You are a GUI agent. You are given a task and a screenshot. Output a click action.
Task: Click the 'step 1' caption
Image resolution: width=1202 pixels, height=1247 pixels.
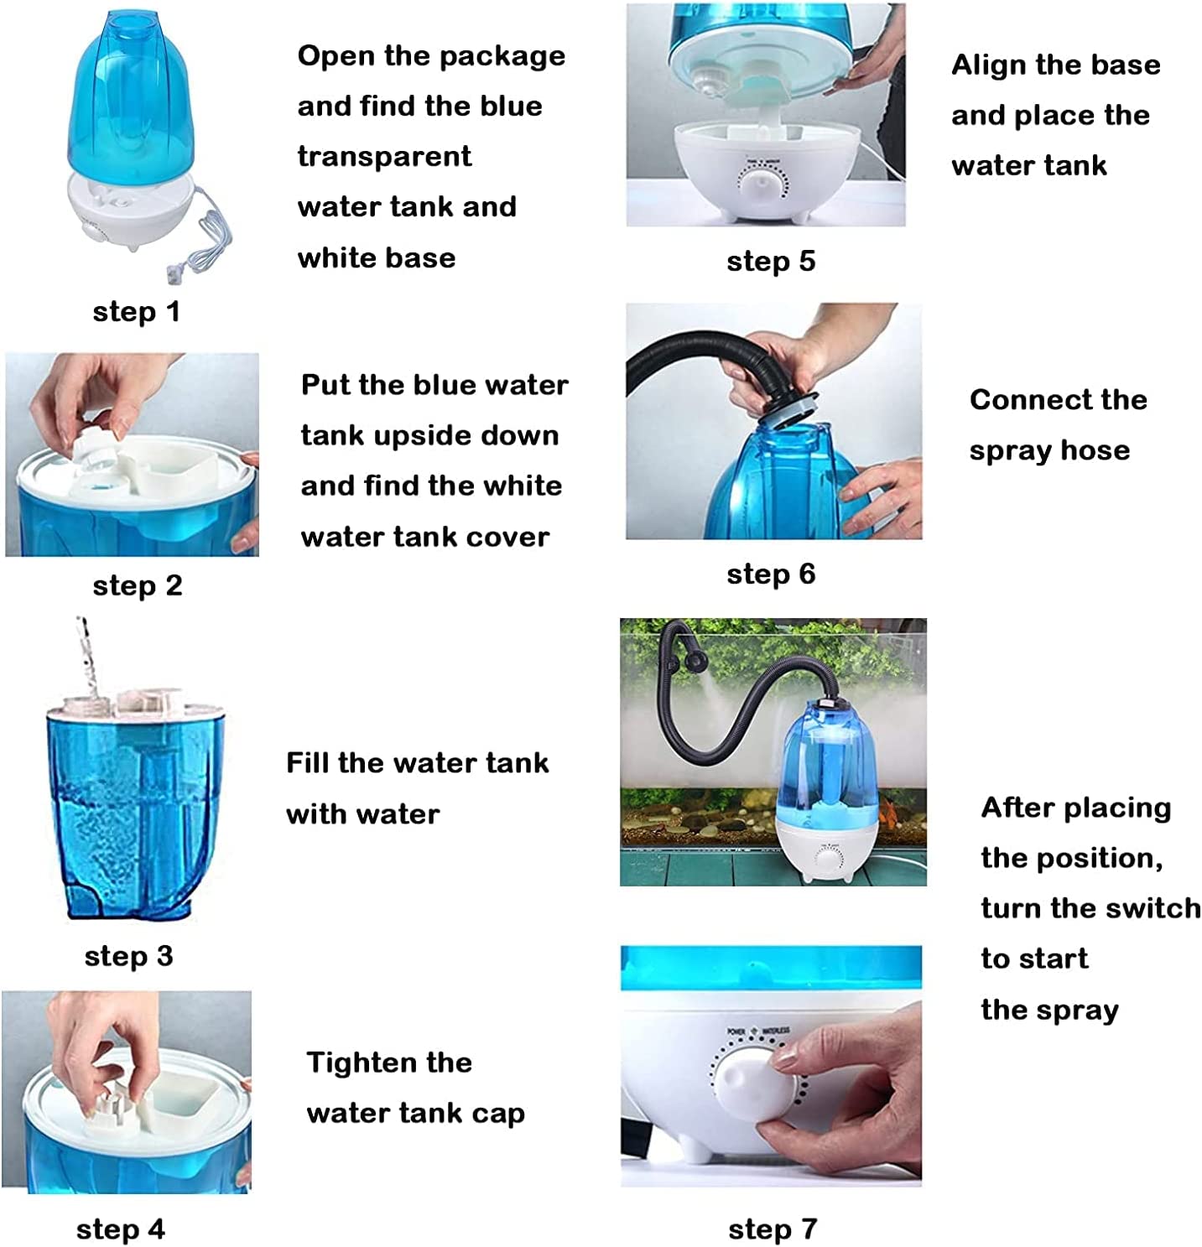(x=136, y=313)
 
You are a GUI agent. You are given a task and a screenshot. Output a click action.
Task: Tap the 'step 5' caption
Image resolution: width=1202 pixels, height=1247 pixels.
(x=771, y=262)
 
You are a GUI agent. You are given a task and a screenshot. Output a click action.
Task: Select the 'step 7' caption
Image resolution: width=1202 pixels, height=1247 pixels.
(x=773, y=1229)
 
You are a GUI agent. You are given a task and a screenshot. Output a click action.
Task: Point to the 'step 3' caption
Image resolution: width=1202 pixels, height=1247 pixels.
(x=129, y=957)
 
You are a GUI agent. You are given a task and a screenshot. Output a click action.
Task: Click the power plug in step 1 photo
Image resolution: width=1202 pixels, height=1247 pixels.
(x=174, y=272)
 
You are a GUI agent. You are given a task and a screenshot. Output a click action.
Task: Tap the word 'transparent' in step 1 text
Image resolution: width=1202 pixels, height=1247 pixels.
(x=385, y=157)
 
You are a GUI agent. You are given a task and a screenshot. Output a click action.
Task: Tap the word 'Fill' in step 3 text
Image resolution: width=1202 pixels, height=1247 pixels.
(x=307, y=763)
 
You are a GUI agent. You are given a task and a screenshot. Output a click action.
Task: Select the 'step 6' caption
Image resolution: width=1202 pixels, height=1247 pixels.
(x=771, y=574)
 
